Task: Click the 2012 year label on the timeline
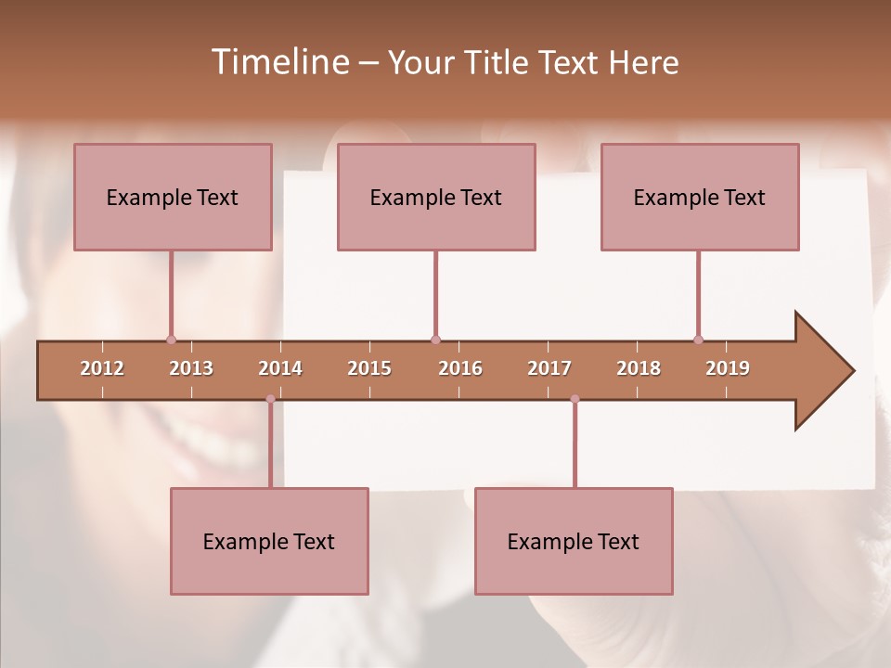pos(102,368)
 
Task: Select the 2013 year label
pos(191,368)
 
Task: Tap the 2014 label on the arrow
pos(280,368)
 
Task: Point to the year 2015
pos(369,368)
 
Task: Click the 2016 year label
pos(460,368)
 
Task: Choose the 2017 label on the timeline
pos(549,368)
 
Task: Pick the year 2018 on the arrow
pos(639,368)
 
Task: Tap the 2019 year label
pos(728,368)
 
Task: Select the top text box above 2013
pos(173,197)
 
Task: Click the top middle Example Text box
pos(436,197)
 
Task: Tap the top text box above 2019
pos(700,197)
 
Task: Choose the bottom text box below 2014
pos(269,541)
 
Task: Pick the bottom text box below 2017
pos(574,541)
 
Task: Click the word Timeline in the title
pos(278,62)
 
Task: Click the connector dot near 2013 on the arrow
pos(171,340)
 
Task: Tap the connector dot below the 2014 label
pos(270,399)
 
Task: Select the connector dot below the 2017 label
pos(575,399)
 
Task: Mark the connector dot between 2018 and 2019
pos(698,340)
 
